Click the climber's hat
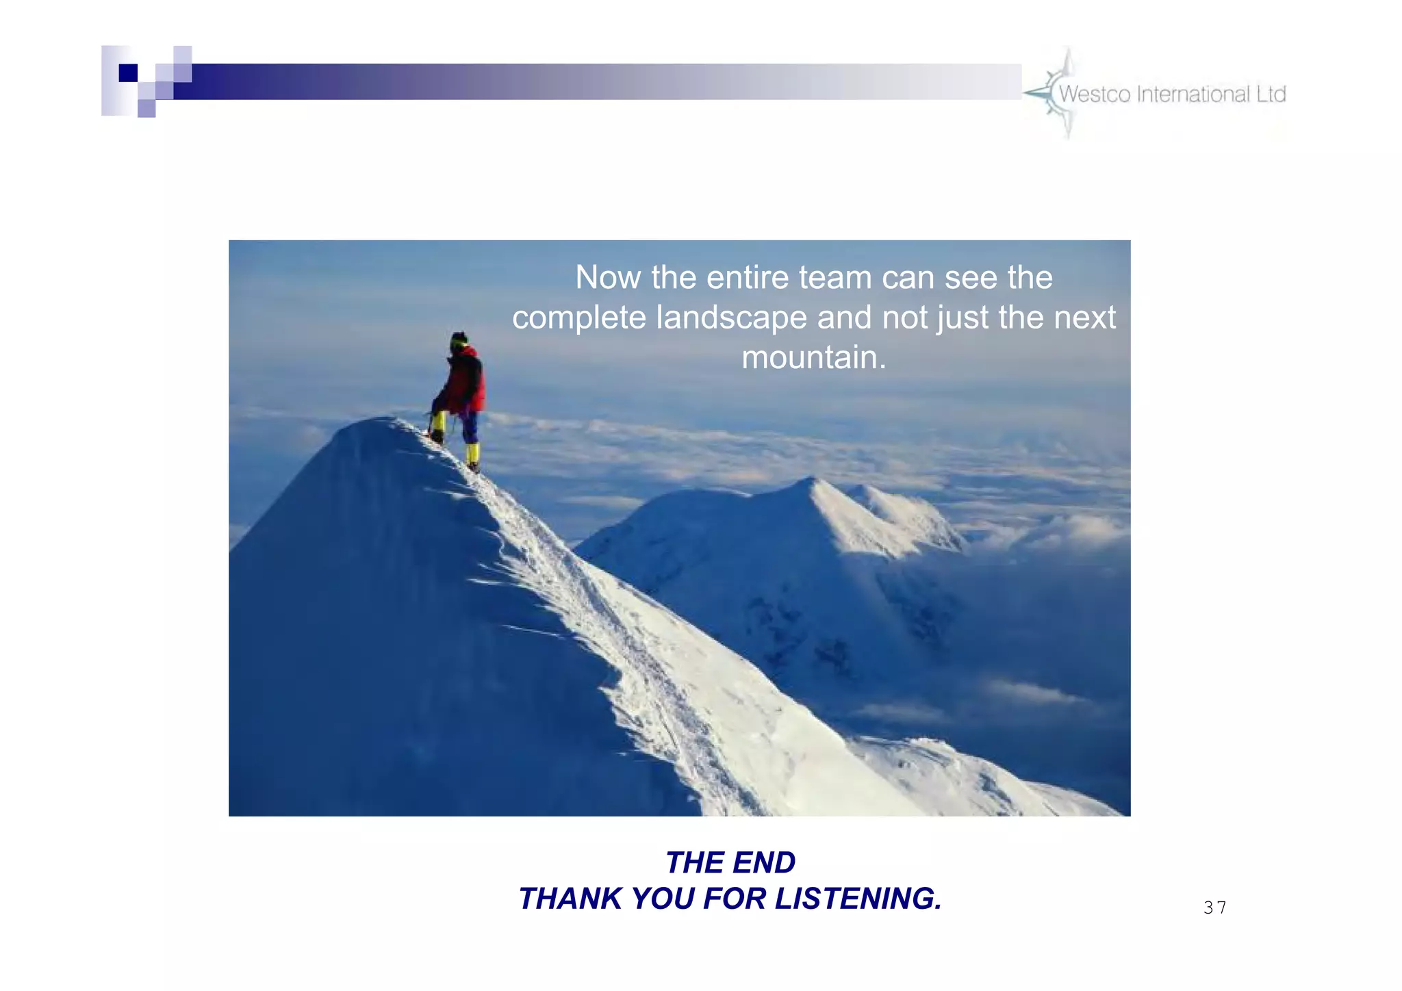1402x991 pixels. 459,339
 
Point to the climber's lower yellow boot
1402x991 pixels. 472,456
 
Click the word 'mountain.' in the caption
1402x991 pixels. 814,357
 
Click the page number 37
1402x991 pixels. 1214,908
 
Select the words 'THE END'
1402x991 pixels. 730,862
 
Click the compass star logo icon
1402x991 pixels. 1055,93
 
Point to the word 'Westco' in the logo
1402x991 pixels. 1094,94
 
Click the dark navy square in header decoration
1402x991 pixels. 128,73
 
